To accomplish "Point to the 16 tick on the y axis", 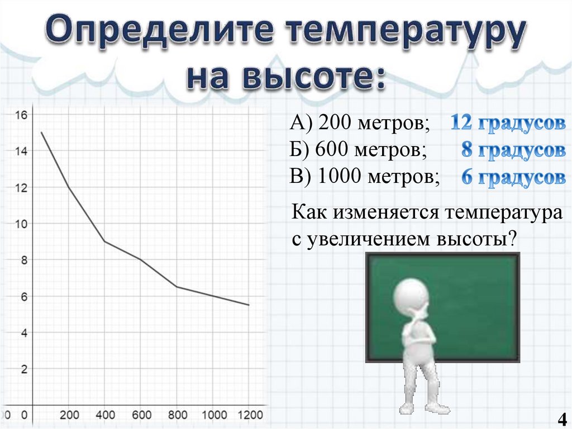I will tap(21, 115).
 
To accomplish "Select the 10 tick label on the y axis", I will tap(21, 224).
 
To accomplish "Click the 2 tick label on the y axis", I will tap(23, 369).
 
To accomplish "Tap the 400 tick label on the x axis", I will tap(105, 415).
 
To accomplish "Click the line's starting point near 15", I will tap(42, 133).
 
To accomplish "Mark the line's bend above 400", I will tap(104, 241).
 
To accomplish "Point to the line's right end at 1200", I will tap(249, 305).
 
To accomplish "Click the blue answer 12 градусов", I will tap(507, 123).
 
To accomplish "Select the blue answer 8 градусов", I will tap(513, 150).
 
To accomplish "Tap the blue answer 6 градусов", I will tap(513, 177).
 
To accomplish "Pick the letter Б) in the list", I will tap(301, 150).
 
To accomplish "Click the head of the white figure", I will tap(412, 293).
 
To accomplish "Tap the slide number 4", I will tap(560, 418).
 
